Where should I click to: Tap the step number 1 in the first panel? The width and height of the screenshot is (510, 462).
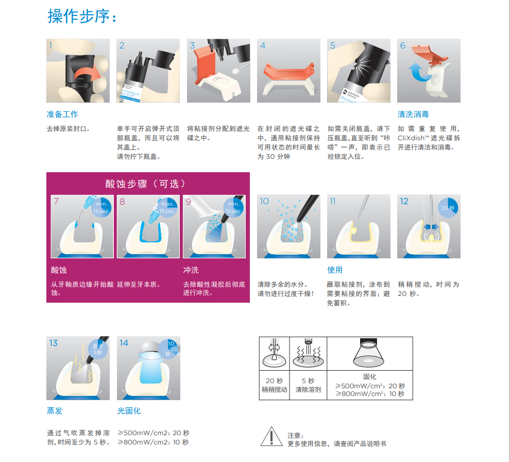click(50, 45)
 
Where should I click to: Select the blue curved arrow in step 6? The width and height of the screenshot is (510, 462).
click(418, 72)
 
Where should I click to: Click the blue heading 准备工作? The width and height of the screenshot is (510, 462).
click(62, 114)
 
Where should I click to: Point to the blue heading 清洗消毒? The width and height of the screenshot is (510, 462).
click(413, 114)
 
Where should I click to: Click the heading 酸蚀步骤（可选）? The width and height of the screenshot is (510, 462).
click(146, 184)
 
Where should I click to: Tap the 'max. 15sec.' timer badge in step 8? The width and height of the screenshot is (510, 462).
click(167, 207)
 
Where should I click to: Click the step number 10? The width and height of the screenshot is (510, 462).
click(264, 201)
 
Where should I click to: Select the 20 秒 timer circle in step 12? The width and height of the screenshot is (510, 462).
click(448, 207)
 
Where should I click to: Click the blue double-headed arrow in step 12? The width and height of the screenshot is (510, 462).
click(431, 226)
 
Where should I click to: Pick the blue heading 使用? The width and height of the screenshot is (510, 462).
click(335, 270)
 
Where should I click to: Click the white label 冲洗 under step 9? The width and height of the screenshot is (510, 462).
click(191, 270)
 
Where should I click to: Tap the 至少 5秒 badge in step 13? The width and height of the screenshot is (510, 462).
click(97, 350)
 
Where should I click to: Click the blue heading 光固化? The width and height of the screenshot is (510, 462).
click(129, 411)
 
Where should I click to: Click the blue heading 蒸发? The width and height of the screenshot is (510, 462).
click(54, 411)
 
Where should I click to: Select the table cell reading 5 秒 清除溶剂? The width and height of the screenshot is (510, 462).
click(308, 385)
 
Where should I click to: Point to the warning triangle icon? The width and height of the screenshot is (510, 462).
click(271, 437)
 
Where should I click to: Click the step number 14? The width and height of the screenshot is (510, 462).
click(124, 343)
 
